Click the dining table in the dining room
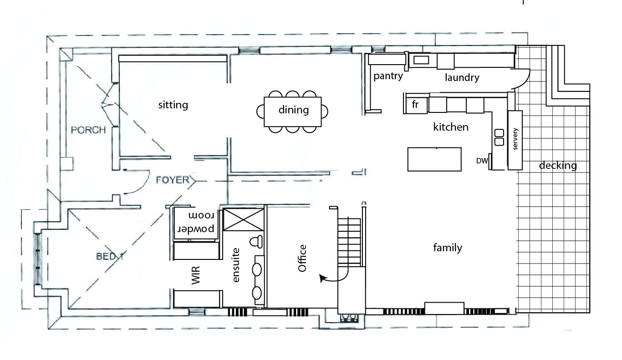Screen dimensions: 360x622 click(x=293, y=111)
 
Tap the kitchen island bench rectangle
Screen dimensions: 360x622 click(x=434, y=159)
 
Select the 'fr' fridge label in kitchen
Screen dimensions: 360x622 click(x=415, y=104)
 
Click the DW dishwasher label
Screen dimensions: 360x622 click(x=482, y=161)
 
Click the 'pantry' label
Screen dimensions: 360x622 click(x=388, y=76)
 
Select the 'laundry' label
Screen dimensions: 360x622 click(x=462, y=77)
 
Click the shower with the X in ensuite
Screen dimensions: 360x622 click(x=244, y=220)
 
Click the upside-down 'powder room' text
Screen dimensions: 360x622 click(x=195, y=222)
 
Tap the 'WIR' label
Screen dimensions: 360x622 click(x=196, y=275)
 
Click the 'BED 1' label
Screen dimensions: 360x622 click(x=109, y=256)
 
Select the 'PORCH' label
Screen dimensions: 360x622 click(x=88, y=130)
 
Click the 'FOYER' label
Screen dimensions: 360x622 click(x=172, y=180)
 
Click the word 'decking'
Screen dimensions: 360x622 click(x=557, y=166)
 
